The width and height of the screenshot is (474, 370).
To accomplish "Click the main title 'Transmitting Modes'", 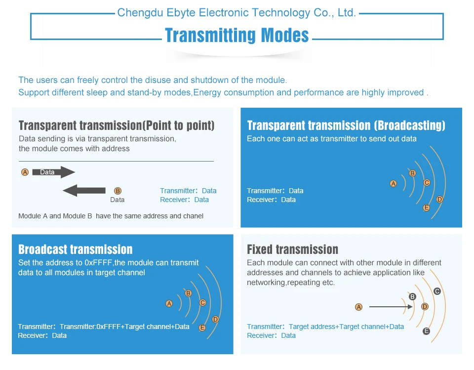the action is coord(237,35).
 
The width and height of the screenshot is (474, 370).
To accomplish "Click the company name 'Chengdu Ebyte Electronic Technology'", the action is coord(214,13).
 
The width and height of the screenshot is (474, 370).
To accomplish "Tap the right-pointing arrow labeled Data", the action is coord(53,172).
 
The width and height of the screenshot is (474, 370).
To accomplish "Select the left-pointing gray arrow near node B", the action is coord(84,191).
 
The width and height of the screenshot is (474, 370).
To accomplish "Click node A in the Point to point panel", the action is coord(25,172).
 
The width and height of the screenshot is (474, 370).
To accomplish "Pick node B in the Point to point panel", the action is coord(118,191).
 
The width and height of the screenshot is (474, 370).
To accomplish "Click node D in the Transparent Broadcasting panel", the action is coord(439,200).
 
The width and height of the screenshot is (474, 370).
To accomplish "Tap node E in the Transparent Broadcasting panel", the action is coord(426,207).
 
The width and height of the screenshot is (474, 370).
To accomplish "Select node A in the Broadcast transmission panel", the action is coord(169,303).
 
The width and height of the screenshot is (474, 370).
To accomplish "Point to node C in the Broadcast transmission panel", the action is coord(202,302).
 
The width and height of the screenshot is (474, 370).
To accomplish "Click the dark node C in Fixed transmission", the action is coord(437,291).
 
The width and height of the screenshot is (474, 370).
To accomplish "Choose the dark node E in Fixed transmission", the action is coord(426,331).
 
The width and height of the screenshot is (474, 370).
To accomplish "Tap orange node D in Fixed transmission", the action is coord(425,307).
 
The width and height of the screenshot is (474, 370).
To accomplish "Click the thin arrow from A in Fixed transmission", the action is coord(391,307).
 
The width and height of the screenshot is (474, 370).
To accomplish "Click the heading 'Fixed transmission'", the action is coord(292,249).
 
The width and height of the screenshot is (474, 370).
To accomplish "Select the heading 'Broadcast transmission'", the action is coord(75,249).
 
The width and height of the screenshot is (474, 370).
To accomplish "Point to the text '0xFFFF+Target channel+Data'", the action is coord(143,327).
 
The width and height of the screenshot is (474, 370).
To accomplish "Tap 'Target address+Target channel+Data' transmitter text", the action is coord(346,327).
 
